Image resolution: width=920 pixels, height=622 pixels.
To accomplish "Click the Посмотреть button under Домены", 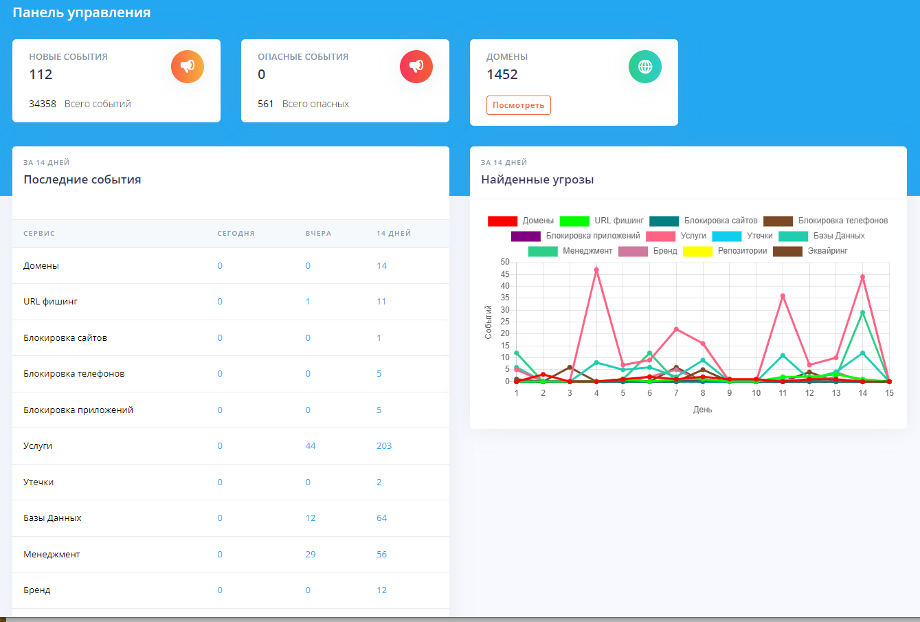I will tap(518, 105).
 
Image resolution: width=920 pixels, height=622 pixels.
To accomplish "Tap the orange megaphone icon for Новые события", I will tap(188, 67).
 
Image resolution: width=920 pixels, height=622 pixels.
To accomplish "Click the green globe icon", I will tap(645, 67).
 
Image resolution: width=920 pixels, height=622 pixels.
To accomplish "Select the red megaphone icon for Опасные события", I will tap(416, 67).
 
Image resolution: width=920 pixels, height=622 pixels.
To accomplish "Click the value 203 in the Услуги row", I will tap(384, 446).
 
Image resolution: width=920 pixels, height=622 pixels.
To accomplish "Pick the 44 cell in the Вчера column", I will tap(311, 446).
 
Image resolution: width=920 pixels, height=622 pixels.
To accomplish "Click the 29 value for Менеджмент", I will tap(311, 555).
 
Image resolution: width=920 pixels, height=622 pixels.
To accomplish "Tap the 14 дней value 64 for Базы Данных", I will tap(382, 518).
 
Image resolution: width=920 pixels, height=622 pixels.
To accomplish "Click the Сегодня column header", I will tap(236, 234).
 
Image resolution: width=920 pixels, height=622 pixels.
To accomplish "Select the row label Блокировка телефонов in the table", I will tap(74, 374).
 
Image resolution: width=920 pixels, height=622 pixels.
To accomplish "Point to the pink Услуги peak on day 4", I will tap(596, 270).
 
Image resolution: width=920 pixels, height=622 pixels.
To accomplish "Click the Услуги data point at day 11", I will tap(783, 296).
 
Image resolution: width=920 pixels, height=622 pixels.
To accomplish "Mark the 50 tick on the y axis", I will tap(505, 262).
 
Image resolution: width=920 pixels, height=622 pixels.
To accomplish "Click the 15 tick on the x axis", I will tap(889, 393).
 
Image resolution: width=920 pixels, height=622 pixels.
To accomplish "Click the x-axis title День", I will tap(702, 410).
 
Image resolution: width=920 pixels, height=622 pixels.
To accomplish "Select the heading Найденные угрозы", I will tap(537, 180).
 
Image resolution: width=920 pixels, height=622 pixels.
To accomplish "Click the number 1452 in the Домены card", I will tap(502, 75).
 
